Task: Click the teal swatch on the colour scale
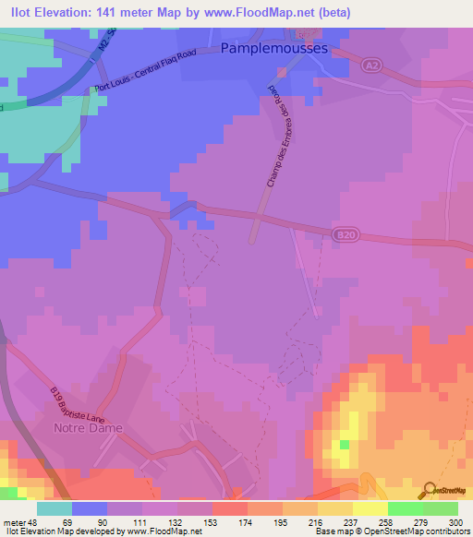click(55, 507)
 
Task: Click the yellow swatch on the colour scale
click(370, 507)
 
